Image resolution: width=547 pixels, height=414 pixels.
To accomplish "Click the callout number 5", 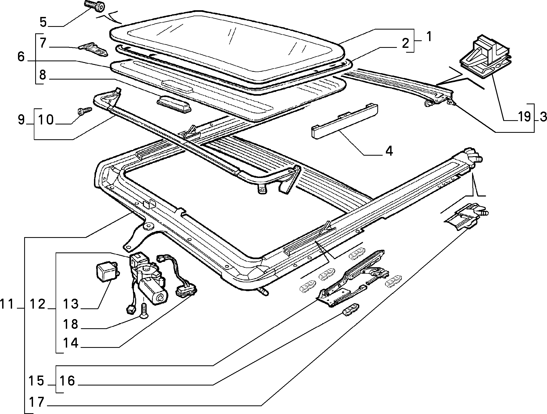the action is pos(43,22).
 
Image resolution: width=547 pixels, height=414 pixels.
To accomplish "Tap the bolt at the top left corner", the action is pos(94,6).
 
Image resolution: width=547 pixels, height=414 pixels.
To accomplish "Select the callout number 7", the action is pos(43,43).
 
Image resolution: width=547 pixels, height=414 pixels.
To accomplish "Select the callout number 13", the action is pos(71,304).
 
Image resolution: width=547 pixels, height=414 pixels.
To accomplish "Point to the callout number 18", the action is pos(71,324).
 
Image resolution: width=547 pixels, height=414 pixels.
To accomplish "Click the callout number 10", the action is pos(46,120).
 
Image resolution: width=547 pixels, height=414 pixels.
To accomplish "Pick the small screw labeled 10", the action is pos(84,111).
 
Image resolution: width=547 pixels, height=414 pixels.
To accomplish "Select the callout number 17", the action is pos(37,402).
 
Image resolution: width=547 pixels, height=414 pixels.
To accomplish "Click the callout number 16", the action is pos(67,381).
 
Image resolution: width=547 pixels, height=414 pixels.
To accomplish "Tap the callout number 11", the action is pos(7,304).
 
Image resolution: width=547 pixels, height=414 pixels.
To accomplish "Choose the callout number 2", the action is pos(405,43).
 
